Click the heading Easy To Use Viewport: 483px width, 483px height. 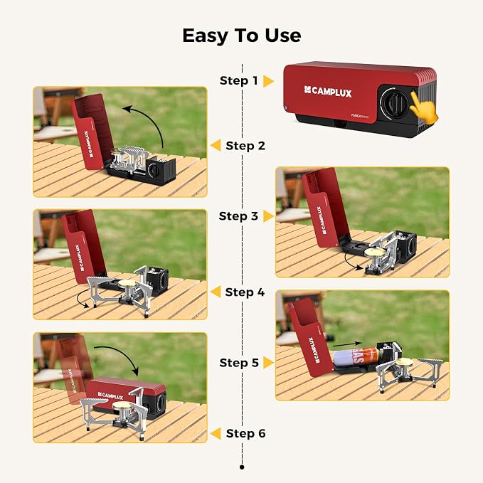242,36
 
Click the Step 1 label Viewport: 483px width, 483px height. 239,80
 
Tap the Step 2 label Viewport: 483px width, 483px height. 245,146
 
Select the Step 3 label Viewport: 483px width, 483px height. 238,216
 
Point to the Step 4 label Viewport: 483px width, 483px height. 245,292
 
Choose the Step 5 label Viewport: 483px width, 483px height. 239,363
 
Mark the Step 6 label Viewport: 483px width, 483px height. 246,433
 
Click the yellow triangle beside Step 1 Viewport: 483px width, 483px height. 268,81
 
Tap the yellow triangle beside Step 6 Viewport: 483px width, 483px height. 216,433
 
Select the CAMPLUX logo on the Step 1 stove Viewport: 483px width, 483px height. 328,92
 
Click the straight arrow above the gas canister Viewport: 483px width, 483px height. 347,345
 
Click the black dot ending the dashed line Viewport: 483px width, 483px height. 242,467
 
